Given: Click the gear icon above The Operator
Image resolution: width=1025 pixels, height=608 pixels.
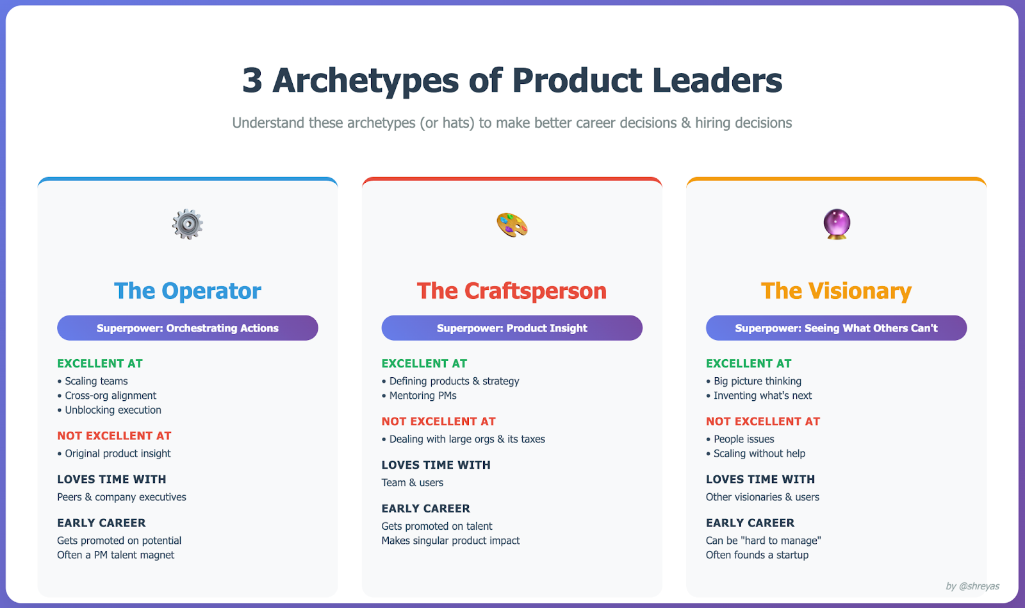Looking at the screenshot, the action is point(188,224).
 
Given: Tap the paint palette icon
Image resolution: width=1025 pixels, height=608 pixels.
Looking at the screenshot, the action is point(512,224).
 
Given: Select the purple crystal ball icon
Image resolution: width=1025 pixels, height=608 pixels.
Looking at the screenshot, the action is point(837,224).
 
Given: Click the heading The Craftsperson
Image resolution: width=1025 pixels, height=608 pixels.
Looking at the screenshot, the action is point(512,291).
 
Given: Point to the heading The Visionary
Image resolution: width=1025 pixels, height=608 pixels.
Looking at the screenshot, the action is point(836,291).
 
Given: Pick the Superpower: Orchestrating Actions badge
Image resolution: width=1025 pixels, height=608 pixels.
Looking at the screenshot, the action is point(188,328).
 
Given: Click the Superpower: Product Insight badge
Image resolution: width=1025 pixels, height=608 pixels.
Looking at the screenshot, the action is point(512,328).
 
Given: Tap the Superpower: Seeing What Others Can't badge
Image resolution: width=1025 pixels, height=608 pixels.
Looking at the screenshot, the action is point(837,328).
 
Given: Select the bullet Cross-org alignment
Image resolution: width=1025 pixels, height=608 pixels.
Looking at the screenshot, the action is point(106,396).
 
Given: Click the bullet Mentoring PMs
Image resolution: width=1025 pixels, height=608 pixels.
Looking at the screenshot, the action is point(419,396).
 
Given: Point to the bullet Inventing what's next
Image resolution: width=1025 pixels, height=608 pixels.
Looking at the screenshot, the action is point(758,396).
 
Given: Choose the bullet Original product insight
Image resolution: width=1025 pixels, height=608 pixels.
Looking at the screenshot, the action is point(114,453).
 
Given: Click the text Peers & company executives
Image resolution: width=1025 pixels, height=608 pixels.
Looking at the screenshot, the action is point(122,497).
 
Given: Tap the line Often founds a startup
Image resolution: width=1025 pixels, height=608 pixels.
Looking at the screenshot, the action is point(757,555).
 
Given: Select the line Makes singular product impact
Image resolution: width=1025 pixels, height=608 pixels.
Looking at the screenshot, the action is point(451,541).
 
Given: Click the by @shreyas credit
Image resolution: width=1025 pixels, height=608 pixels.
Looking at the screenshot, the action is point(972,586).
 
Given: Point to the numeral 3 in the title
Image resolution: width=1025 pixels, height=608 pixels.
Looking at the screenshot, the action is point(252,81).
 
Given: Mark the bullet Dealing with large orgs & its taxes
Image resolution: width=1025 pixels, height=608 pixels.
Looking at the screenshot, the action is point(464,439).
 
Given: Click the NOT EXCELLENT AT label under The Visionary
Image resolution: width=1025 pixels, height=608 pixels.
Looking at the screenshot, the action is point(763,421).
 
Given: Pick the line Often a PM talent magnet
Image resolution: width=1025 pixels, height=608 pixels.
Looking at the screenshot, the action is point(116,555).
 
